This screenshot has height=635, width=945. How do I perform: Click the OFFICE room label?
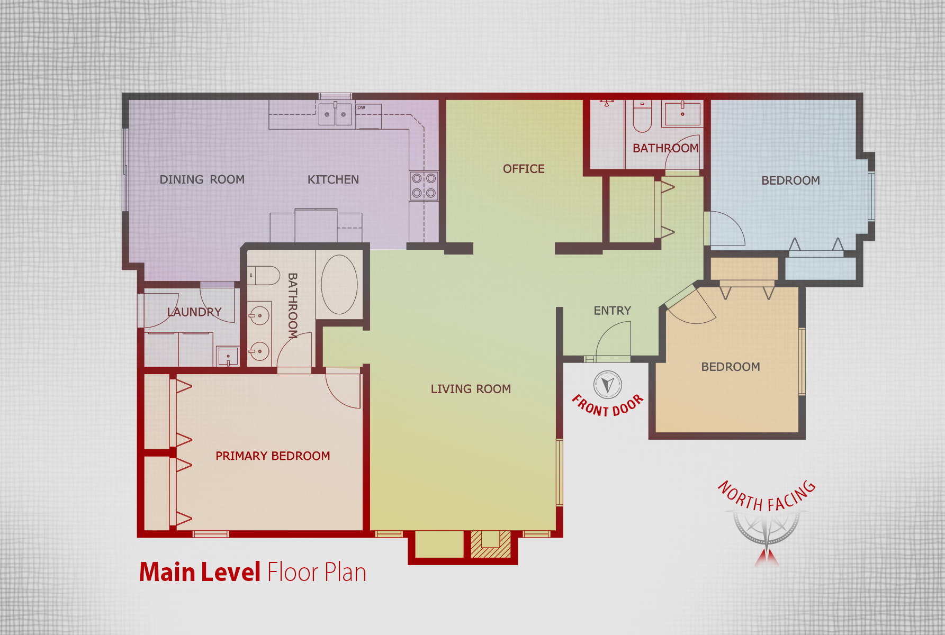point(524,169)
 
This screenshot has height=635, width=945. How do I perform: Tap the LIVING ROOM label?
point(471,389)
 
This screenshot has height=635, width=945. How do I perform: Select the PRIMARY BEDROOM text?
point(273,456)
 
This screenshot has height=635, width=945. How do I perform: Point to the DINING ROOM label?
point(202,179)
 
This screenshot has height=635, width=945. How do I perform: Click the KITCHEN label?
point(333,179)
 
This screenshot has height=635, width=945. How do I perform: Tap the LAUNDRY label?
point(194,312)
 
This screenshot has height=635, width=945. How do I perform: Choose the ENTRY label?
point(613,311)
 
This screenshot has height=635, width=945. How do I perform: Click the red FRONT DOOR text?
point(608,406)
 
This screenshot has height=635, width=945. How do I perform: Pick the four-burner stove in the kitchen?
point(424,186)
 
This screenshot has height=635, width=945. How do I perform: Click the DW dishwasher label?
point(361,107)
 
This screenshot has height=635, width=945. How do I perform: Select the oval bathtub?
point(339,285)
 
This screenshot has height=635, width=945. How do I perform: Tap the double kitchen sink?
point(335,114)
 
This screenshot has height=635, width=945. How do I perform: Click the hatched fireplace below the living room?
point(491,544)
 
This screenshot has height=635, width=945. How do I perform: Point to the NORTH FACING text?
point(767,496)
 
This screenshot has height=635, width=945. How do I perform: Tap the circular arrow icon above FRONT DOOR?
point(608,385)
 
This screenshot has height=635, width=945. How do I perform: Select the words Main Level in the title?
point(200,572)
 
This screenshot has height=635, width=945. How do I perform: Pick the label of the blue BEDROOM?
point(790,180)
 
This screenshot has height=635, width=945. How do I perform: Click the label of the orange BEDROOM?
point(731,367)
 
